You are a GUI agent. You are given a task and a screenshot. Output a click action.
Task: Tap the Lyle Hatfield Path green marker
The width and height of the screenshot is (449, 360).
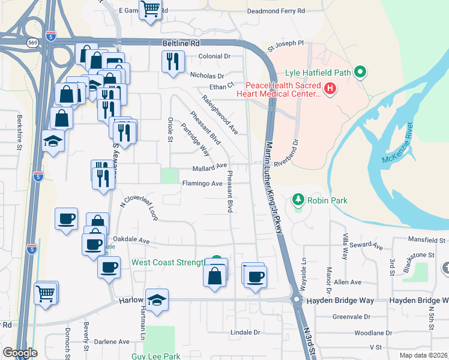point(360,73)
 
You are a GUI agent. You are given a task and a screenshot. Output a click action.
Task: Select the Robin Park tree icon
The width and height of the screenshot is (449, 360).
point(297,200)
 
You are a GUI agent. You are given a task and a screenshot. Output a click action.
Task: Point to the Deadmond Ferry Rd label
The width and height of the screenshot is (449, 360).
point(276,11)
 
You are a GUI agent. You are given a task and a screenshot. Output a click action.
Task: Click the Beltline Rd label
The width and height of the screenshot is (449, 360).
point(181,44)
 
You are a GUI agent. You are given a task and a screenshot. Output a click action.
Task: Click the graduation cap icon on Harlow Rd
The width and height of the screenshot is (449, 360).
point(157,300)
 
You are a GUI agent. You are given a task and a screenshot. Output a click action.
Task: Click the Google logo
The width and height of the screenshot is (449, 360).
point(19,353)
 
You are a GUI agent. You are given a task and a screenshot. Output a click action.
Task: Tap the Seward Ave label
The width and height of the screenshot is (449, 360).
point(367,245)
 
